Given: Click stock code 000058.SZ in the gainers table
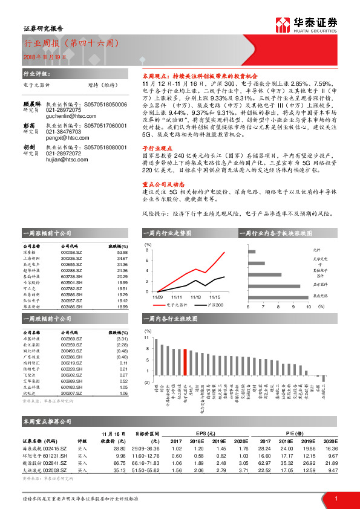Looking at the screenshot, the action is coord(72,252).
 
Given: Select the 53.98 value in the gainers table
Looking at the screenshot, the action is coord(122,252).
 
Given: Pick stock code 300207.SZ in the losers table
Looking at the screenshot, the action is coord(72,393).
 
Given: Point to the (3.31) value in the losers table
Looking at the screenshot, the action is coord(121,339).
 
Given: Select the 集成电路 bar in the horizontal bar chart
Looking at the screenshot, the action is coord(280,296).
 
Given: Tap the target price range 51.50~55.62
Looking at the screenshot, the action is coord(146,470).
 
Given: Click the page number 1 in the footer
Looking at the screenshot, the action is coord(336,498).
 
